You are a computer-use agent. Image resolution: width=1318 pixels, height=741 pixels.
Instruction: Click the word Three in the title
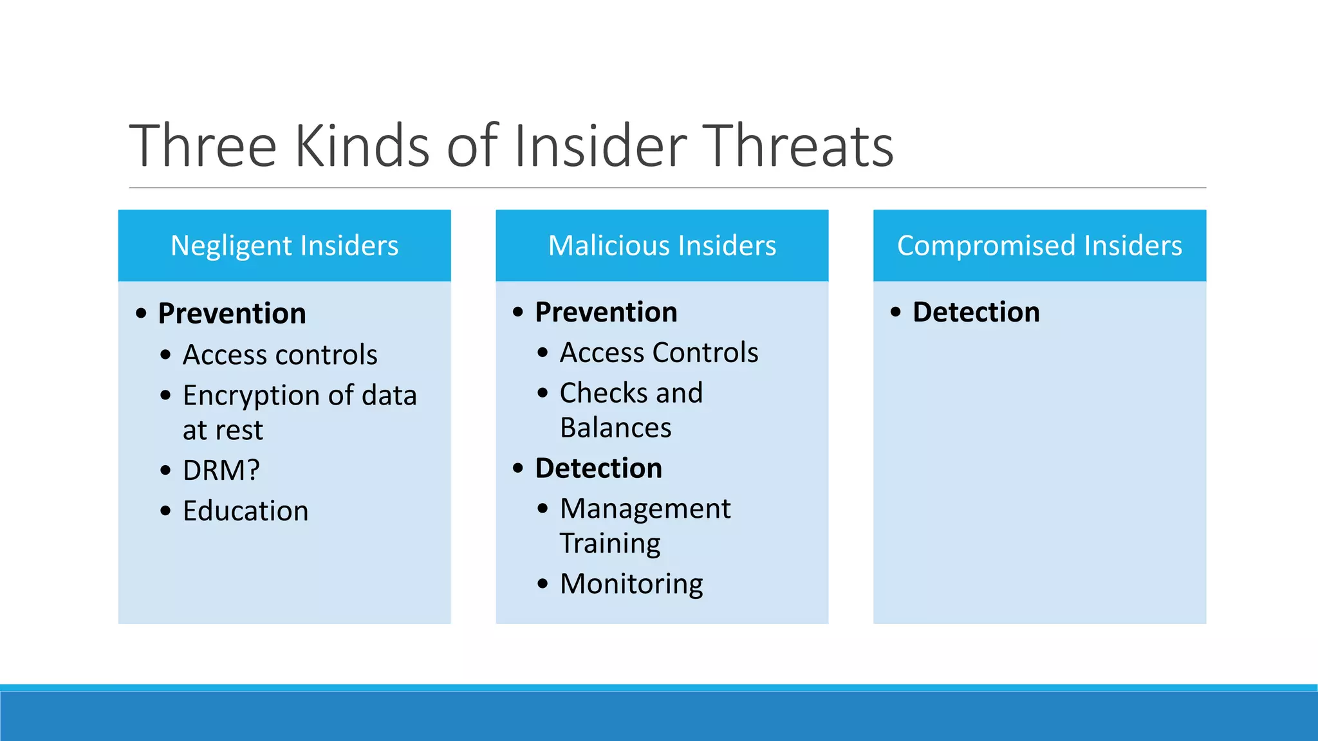click(x=203, y=147)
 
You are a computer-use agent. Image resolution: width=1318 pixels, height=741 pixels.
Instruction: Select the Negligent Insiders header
click(x=284, y=246)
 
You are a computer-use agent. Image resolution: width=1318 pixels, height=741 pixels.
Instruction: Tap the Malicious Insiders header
click(x=662, y=246)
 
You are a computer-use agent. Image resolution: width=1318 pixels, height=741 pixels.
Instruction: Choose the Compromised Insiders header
click(x=1039, y=246)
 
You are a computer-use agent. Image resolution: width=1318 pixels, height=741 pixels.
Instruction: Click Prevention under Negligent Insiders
click(x=232, y=314)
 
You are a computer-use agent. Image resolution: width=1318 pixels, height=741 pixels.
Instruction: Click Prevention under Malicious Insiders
click(x=606, y=313)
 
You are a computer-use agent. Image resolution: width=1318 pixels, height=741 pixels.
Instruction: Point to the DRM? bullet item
click(x=221, y=471)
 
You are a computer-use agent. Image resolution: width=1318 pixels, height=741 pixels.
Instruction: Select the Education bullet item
click(x=245, y=511)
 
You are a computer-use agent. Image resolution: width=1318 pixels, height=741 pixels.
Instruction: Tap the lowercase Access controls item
click(x=280, y=355)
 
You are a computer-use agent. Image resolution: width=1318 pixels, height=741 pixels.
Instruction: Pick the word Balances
click(x=615, y=428)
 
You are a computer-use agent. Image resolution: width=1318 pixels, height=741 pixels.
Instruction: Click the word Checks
click(x=603, y=393)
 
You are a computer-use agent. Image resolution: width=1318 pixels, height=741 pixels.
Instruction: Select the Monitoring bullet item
click(x=631, y=584)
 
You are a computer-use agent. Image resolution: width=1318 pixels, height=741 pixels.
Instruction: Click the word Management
click(x=645, y=509)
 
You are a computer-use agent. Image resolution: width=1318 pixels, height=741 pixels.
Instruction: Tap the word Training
click(x=609, y=544)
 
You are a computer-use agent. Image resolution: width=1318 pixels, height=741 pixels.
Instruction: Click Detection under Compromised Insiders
click(x=976, y=313)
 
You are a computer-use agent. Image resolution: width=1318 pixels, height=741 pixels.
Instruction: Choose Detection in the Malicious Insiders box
click(x=599, y=468)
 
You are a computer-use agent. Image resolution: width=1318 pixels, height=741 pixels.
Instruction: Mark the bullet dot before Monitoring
click(x=543, y=584)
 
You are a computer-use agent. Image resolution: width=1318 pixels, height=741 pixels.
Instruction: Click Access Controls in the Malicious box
click(x=659, y=353)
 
